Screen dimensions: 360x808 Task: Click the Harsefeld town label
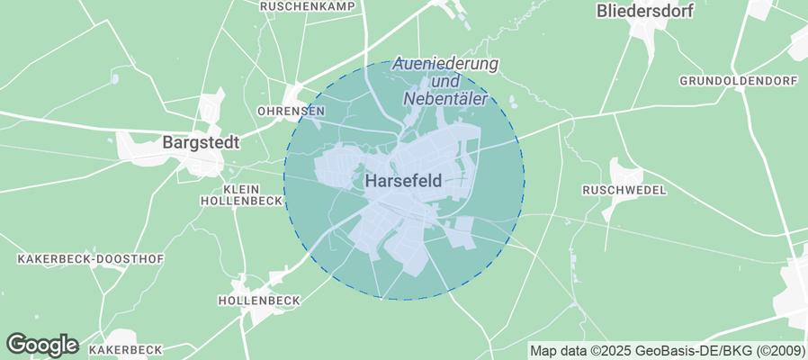tap(404, 181)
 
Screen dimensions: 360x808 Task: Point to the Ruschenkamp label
tap(307, 5)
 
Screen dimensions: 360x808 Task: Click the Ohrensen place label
tap(290, 111)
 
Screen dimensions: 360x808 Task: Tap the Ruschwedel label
tap(624, 190)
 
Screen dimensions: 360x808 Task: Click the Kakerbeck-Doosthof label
tap(91, 259)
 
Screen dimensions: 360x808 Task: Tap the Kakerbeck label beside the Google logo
tap(125, 349)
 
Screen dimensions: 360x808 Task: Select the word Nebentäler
tap(446, 99)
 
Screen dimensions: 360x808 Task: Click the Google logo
tap(41, 344)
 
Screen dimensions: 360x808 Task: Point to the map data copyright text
tap(667, 350)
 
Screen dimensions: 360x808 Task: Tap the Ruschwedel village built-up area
tap(624, 171)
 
